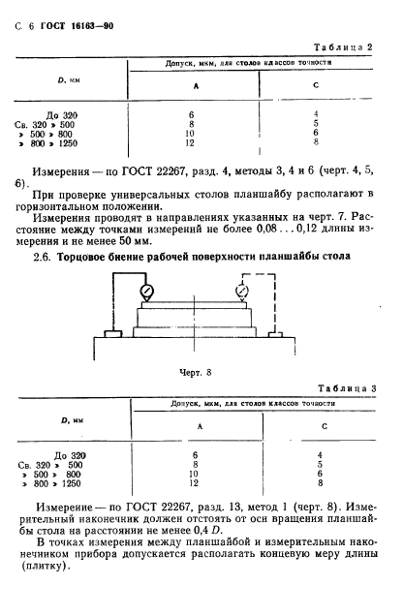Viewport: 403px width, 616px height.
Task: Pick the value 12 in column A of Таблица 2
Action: tap(194, 143)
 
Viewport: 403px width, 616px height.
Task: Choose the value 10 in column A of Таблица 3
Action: tap(194, 473)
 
